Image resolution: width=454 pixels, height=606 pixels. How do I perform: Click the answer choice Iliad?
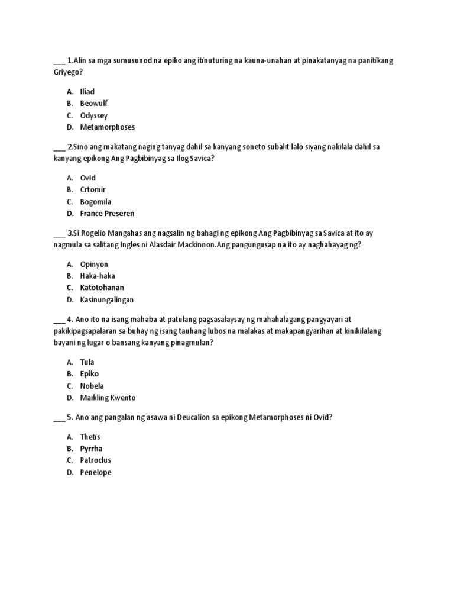(x=87, y=91)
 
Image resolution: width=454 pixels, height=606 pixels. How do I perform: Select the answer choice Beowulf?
(x=93, y=103)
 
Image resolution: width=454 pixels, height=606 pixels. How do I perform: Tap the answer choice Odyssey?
(x=93, y=115)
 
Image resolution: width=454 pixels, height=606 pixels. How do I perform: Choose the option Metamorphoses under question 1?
(x=107, y=127)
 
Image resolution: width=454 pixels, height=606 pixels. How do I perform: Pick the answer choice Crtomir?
(x=93, y=190)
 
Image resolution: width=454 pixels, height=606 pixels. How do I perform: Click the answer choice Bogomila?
(x=95, y=202)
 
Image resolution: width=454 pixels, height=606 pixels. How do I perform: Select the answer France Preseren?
(x=107, y=214)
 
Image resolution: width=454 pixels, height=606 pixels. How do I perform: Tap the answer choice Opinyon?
(x=94, y=264)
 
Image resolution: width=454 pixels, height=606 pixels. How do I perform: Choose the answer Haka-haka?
(x=98, y=276)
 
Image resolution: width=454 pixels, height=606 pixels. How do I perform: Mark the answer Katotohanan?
(x=102, y=288)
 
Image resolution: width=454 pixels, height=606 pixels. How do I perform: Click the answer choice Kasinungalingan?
(x=107, y=300)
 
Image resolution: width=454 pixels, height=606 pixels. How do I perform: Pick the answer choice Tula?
(x=87, y=362)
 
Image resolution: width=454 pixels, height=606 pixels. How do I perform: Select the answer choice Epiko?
(x=89, y=374)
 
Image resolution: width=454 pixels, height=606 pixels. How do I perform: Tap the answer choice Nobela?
(x=92, y=386)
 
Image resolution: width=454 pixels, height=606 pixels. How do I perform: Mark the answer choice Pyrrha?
(x=91, y=449)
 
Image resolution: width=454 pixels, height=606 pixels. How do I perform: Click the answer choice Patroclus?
(x=95, y=460)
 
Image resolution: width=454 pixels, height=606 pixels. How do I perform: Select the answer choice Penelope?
(x=95, y=472)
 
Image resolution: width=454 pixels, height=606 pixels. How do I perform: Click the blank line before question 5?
(x=59, y=419)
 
